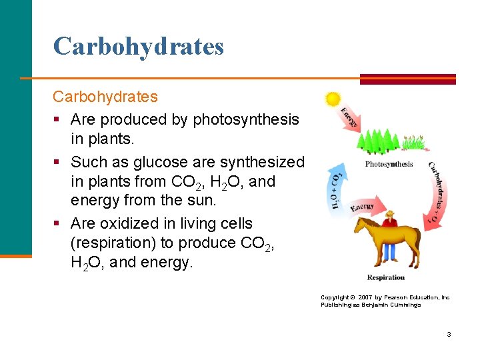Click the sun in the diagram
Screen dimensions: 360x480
pos(333,99)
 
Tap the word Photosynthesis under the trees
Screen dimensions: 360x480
pos(389,164)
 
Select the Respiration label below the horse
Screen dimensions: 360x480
pos(385,277)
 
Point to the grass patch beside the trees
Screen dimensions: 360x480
pos(414,143)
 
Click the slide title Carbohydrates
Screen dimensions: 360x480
pos(139,46)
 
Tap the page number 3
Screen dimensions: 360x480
pos(449,333)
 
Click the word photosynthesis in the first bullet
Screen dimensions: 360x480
pos(246,119)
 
